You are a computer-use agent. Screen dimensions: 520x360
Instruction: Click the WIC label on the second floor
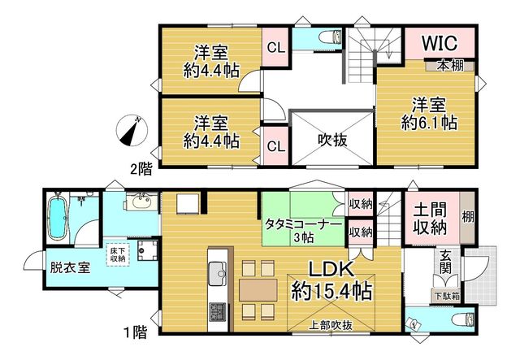click(x=440, y=42)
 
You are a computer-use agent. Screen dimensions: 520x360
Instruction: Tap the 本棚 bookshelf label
click(x=449, y=66)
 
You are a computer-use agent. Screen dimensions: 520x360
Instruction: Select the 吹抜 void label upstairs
click(x=332, y=141)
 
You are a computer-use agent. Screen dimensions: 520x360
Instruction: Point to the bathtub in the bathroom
click(x=58, y=218)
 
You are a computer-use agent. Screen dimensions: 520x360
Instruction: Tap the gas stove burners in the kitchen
click(x=218, y=312)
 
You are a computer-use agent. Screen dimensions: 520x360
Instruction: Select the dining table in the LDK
click(x=258, y=289)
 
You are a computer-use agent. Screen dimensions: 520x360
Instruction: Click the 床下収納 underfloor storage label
click(x=117, y=254)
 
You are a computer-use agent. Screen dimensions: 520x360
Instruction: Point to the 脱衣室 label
click(x=71, y=267)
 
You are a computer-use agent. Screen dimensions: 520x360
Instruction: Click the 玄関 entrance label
click(x=447, y=262)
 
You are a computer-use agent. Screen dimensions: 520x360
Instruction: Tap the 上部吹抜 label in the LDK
click(x=331, y=326)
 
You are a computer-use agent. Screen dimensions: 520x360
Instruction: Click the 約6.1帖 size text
click(x=429, y=124)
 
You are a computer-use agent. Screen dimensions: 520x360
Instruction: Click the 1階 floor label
click(x=136, y=332)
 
